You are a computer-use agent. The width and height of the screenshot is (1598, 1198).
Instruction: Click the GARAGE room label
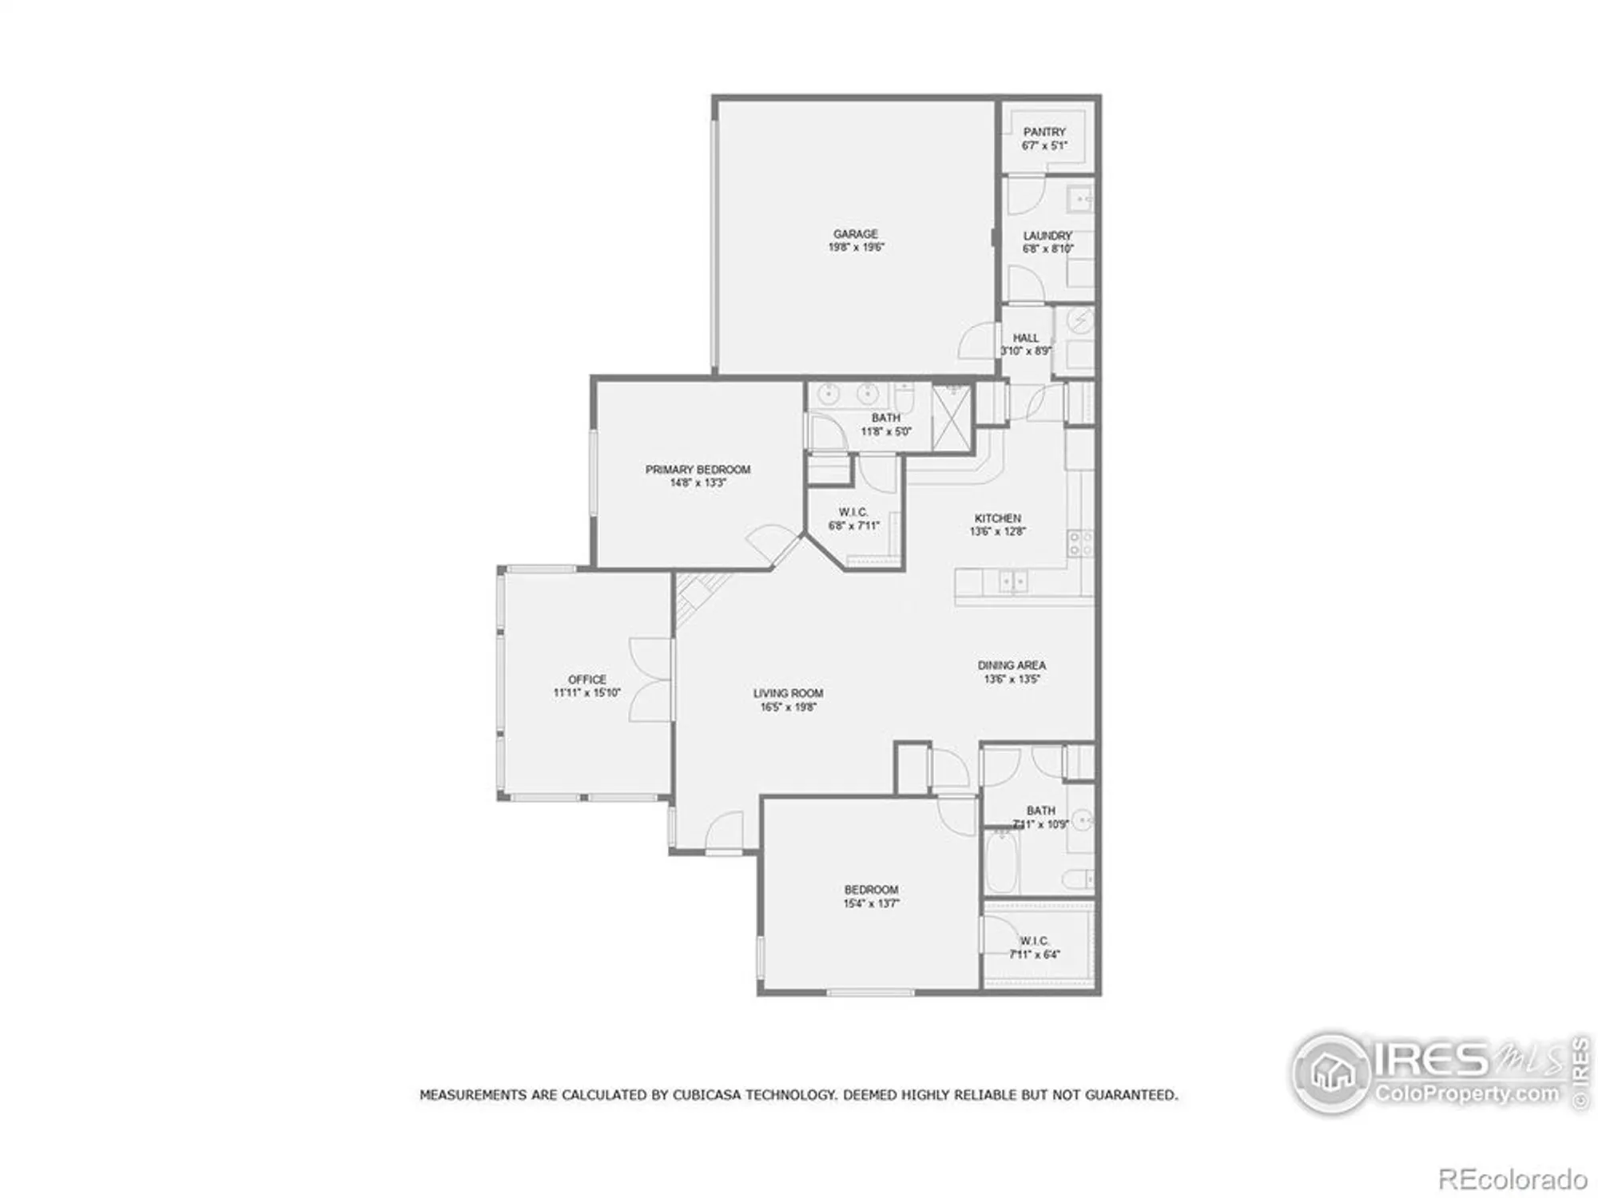(855, 234)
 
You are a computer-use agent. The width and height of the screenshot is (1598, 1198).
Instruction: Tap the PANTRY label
(1044, 132)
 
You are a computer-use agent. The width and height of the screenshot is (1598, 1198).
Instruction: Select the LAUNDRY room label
(1047, 236)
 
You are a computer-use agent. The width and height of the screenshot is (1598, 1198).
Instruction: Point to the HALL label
(1026, 338)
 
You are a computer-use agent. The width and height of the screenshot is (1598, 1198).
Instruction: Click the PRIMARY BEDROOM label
(698, 470)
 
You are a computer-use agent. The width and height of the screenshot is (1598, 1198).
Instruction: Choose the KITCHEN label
(997, 518)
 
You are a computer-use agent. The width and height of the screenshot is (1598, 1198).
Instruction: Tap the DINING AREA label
(1012, 665)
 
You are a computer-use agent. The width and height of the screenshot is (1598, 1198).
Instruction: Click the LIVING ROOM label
(788, 693)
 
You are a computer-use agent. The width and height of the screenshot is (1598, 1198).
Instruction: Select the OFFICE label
(587, 680)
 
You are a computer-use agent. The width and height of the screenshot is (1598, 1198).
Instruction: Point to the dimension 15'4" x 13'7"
(871, 903)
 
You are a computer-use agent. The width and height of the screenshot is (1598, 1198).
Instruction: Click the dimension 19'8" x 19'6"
(855, 248)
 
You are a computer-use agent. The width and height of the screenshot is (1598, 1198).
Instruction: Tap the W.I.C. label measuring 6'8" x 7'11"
(853, 512)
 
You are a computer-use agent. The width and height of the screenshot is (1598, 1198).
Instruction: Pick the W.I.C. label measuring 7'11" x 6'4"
(1034, 941)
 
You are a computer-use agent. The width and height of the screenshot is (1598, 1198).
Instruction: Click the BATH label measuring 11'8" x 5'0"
(885, 418)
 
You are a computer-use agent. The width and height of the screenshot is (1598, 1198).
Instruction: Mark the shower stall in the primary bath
(952, 419)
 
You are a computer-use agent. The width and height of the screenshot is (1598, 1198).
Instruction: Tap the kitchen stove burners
(1079, 544)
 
